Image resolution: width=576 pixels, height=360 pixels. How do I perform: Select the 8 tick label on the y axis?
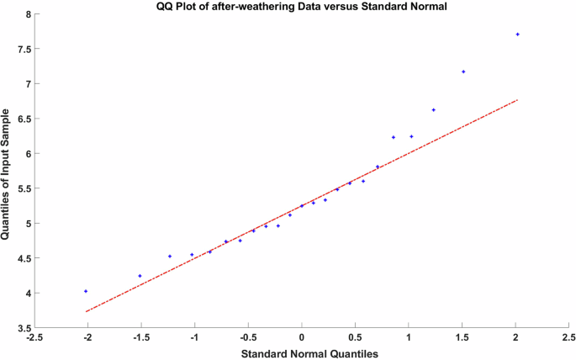point(28,14)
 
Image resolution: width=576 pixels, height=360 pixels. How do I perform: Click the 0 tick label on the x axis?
point(302,338)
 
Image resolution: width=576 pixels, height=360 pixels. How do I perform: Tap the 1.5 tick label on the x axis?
point(462,338)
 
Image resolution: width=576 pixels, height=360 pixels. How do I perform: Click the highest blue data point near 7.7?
point(518,34)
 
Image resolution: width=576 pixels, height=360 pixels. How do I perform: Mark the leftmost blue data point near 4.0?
point(86,291)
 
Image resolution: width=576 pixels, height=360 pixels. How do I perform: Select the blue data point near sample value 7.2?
point(463,71)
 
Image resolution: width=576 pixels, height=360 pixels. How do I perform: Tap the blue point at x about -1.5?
point(140,276)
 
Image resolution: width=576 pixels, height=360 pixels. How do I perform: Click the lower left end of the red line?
point(86,311)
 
